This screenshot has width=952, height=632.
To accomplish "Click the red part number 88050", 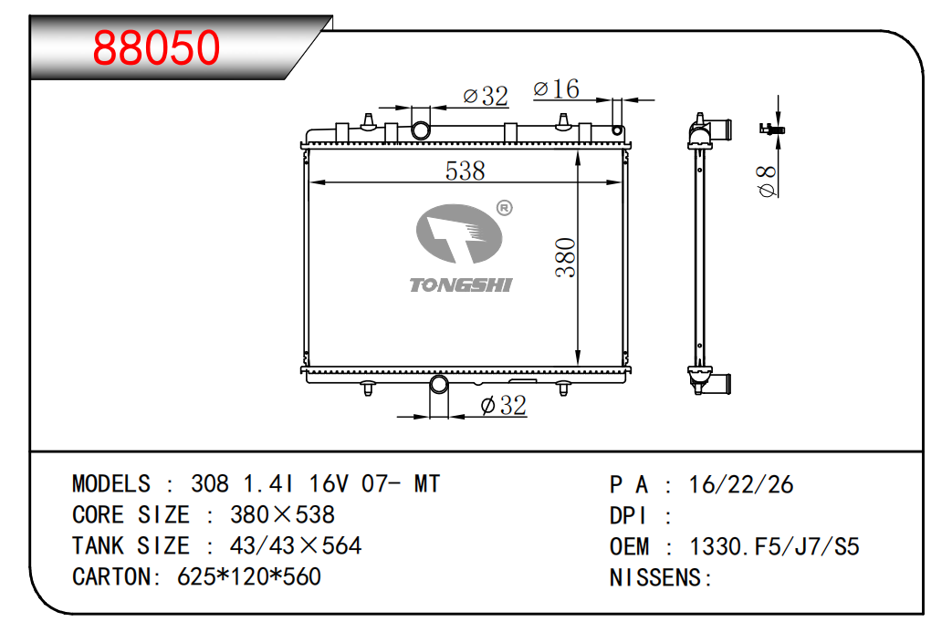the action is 156,47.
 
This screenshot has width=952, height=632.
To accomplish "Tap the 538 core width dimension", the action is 466,171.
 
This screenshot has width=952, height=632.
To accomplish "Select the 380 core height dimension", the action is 565,258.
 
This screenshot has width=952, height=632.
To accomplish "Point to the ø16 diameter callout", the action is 556,89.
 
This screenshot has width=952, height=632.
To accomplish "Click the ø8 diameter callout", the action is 768,181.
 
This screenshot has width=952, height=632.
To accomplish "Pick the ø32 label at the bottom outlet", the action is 503,405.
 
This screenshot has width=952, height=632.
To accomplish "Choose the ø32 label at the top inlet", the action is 485,96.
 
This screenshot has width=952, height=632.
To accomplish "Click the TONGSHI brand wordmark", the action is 461,285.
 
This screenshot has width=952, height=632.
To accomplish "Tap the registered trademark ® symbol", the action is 505,208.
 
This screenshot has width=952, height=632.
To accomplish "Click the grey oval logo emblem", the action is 459,234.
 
